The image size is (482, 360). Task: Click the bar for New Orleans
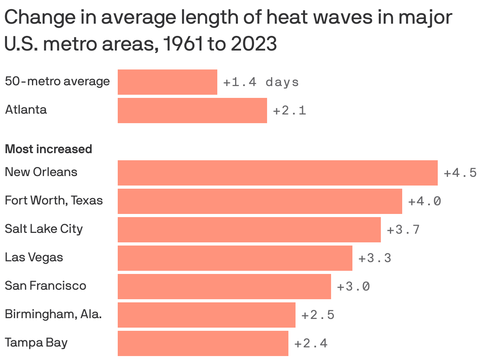[x=277, y=172]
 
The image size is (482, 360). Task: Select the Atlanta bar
[x=192, y=111]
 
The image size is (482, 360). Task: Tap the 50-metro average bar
[x=167, y=82]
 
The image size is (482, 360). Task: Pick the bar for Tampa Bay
[x=203, y=343]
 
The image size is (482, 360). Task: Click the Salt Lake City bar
[x=249, y=229]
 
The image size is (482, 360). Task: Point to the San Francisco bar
[x=224, y=286]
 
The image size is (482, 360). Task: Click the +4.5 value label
[x=460, y=173]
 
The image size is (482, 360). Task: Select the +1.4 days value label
[x=261, y=82]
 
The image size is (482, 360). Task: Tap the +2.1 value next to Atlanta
[x=289, y=111]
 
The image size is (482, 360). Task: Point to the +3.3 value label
[x=375, y=258]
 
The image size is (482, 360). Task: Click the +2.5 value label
[x=318, y=315]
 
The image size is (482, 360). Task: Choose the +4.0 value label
[x=424, y=201]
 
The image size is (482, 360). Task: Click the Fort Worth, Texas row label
[x=54, y=201]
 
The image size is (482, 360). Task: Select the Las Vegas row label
[x=34, y=257]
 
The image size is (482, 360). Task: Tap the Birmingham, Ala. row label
[x=53, y=314]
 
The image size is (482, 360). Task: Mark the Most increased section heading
[x=48, y=149]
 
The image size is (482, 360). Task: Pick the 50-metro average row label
[x=57, y=81]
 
